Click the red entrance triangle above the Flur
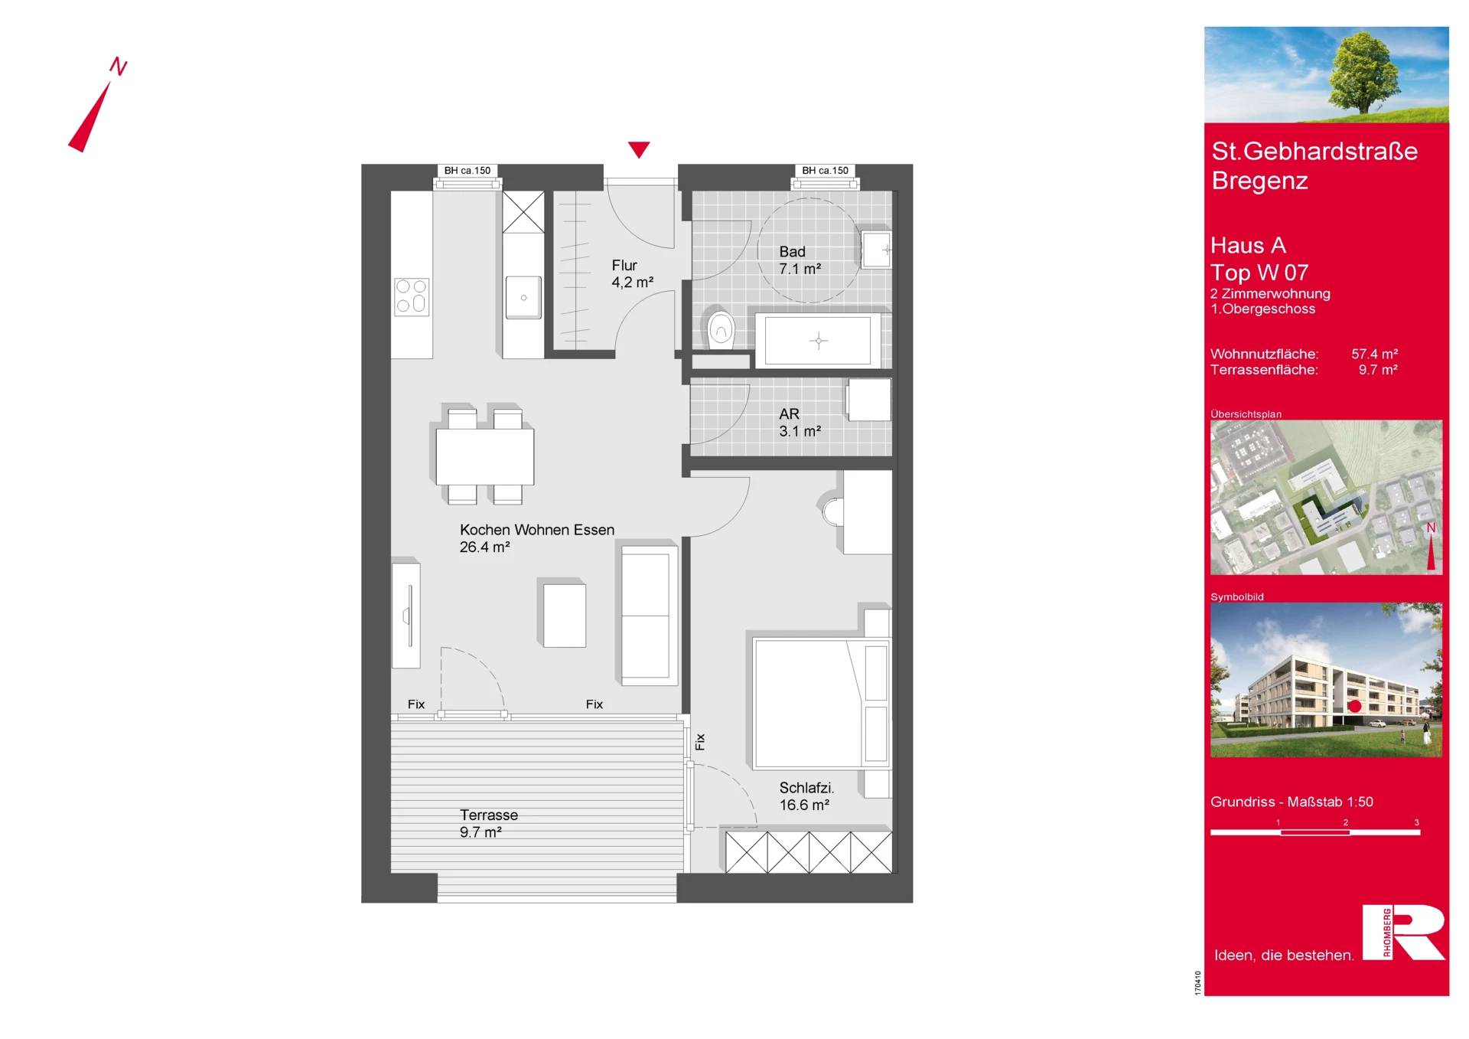[639, 149]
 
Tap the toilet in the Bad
[720, 329]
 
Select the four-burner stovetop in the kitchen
[412, 297]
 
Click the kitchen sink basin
[523, 297]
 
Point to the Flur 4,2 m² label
[632, 273]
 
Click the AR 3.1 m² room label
[800, 423]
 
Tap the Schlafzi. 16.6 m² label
[806, 796]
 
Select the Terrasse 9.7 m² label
[489, 823]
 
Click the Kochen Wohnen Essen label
[537, 530]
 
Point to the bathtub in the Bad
[818, 341]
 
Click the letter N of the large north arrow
[118, 66]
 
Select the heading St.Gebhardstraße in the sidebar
[1314, 152]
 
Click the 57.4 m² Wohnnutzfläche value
[1374, 354]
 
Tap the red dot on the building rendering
[1355, 706]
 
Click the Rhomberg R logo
[1403, 932]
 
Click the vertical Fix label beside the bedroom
[700, 742]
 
